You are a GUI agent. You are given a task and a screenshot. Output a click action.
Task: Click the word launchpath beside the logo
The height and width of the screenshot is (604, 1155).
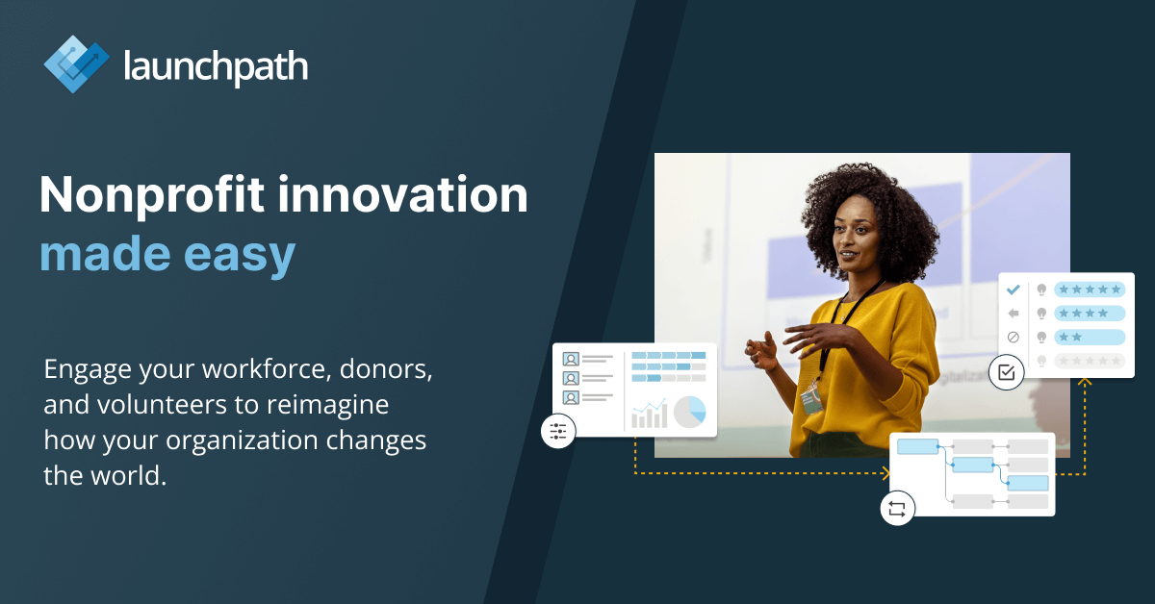point(216,66)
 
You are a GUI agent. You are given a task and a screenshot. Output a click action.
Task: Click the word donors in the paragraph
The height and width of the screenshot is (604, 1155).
point(388,370)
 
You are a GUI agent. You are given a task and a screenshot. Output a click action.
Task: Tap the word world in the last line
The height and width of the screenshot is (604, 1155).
point(122,475)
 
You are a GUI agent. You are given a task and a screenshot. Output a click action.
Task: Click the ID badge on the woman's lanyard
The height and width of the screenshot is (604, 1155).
point(813,398)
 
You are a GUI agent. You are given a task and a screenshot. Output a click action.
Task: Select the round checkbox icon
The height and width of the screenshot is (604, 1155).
point(1007,372)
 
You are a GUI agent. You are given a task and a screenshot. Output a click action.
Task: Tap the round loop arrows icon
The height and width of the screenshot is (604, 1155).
point(897,510)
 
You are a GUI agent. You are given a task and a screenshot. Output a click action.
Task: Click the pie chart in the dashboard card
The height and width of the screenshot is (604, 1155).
point(689,412)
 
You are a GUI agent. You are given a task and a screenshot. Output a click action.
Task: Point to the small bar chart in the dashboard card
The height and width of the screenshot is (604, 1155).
point(649,414)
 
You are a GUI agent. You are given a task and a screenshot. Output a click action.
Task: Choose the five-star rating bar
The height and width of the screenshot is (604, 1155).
point(1089,289)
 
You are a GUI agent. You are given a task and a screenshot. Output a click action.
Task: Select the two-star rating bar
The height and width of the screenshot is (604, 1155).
point(1089,337)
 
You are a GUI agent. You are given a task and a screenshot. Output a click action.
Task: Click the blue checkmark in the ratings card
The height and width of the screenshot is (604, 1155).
point(1013,289)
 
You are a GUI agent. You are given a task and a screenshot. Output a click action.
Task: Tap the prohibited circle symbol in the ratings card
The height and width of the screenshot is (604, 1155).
point(1013,338)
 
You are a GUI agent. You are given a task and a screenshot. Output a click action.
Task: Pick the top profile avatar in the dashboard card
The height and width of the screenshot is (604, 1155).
point(571,359)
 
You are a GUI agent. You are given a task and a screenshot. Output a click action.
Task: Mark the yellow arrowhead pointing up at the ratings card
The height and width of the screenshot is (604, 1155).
point(1085,382)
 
